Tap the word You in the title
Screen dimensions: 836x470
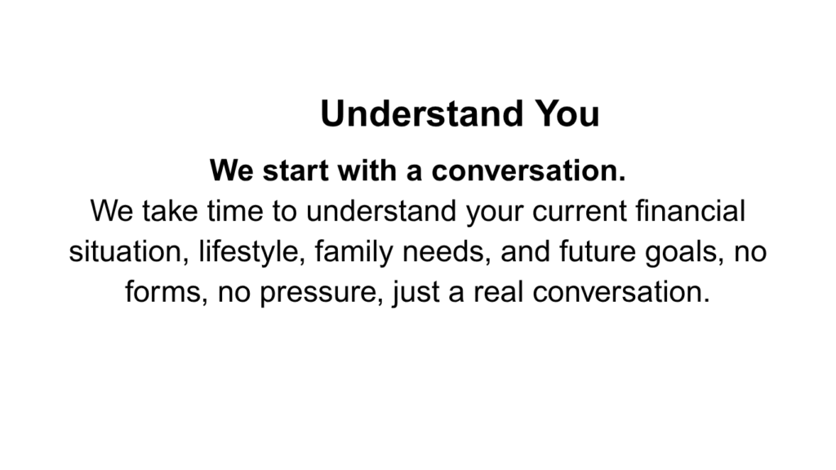tap(567, 113)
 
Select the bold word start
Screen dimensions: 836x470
tap(295, 171)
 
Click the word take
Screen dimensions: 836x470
tap(170, 211)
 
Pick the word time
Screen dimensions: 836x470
tap(234, 211)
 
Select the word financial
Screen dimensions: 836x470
tap(691, 211)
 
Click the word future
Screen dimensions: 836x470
tap(597, 251)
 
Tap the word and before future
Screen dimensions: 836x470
tap(525, 251)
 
